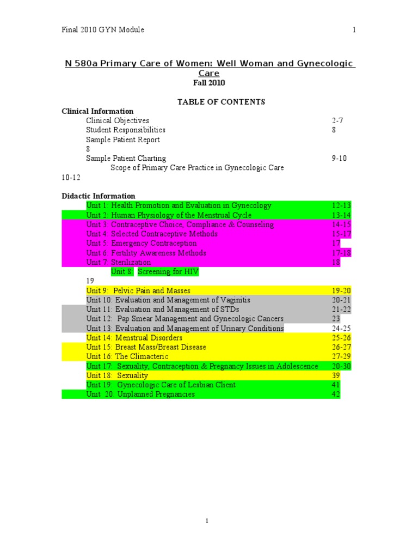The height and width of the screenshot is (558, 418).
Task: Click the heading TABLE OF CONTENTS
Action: pos(221,102)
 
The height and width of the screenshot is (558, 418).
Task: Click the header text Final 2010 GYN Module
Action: pos(103,30)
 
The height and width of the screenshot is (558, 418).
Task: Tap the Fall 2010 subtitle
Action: pos(209,83)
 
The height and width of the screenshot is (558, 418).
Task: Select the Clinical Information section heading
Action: pos(97,111)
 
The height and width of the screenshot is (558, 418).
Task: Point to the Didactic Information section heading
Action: pos(99,196)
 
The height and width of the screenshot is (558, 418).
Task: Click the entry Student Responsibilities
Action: pos(126,130)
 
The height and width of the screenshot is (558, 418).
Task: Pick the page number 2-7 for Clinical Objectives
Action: pos(338,120)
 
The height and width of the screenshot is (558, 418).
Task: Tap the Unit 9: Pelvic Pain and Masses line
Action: pos(138,290)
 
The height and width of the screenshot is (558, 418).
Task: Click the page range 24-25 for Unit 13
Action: pos(341,328)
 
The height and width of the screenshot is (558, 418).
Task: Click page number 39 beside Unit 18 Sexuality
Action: pos(336,375)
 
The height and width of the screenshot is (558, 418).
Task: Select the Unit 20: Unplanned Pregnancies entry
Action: pos(140,394)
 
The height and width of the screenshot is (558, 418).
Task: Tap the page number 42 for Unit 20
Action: pos(336,394)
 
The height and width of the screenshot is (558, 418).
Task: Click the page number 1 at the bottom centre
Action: pos(207,521)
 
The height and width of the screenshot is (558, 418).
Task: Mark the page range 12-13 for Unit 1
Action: pos(341,205)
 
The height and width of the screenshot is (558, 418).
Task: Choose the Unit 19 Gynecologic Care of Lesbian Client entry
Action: pos(161,385)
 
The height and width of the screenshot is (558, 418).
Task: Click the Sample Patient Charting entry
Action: pos(126,159)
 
